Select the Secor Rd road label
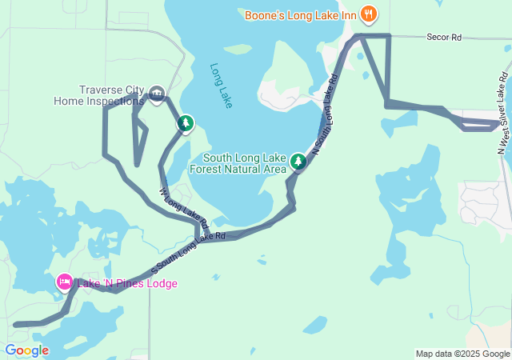tap(444, 38)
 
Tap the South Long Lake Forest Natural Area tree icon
tap(298, 162)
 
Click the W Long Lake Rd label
tap(183, 207)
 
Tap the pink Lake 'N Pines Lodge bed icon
tap(64, 282)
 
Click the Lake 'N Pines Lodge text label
tap(127, 283)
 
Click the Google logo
tap(26, 350)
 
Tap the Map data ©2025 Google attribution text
tap(462, 354)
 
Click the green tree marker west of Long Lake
tap(186, 123)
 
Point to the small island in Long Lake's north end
tap(238, 50)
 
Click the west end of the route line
tap(16, 324)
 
